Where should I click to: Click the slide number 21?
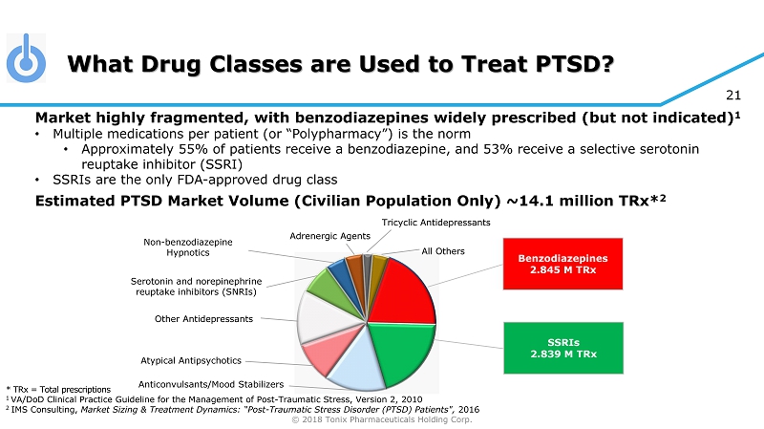click(x=733, y=94)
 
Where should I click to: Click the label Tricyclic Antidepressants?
click(x=436, y=223)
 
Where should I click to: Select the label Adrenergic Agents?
click(x=330, y=235)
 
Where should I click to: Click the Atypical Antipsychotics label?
click(x=190, y=361)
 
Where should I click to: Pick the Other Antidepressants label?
click(x=205, y=317)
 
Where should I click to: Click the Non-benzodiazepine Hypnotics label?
click(x=187, y=247)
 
